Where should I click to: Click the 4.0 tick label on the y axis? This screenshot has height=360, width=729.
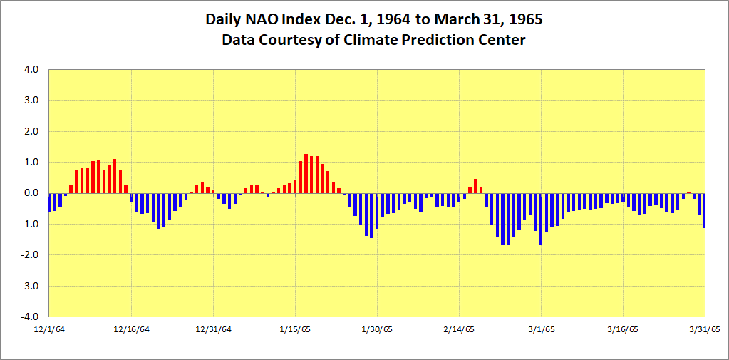point(33,70)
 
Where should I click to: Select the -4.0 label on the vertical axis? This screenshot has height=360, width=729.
point(32,317)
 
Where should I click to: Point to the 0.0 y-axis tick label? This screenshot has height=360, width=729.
point(33,193)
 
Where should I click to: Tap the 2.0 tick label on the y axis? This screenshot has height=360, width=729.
point(33,132)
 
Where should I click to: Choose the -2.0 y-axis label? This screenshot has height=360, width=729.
point(32,255)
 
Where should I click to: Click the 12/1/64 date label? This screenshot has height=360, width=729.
point(49,329)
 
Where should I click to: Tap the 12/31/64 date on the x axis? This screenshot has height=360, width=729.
point(213,329)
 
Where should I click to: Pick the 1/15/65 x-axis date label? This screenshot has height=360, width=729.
point(295,329)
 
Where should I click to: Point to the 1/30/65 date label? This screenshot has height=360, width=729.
point(377,329)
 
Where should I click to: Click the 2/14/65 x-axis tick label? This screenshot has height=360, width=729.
point(459,329)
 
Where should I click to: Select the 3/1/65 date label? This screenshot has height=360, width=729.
point(541,329)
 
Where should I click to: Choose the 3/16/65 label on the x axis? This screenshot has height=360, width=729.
point(623,329)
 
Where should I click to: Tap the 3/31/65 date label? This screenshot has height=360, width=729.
point(704,329)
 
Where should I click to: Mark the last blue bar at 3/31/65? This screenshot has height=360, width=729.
point(705,210)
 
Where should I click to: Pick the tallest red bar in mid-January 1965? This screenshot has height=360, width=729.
point(306,173)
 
